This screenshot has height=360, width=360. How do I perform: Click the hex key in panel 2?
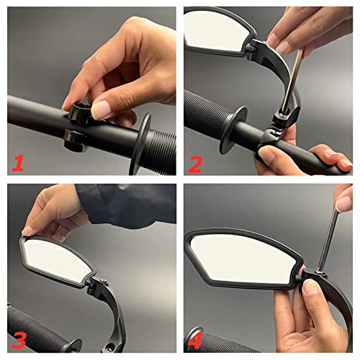pos(292,79)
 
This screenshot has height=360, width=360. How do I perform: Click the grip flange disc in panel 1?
pos(142,144)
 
